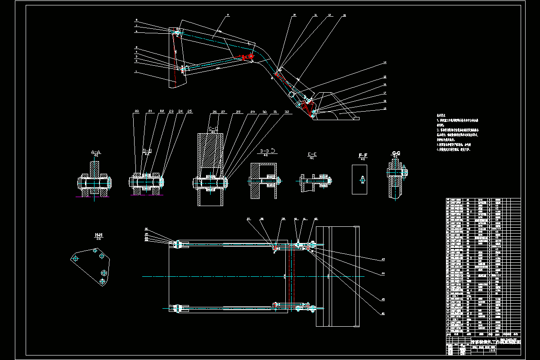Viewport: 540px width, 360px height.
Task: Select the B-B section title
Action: click(147, 150)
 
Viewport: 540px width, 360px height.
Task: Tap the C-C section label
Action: click(213, 129)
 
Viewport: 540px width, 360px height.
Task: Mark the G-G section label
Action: click(396, 153)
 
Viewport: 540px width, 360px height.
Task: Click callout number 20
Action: click(137, 111)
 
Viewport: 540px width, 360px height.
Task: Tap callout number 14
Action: click(385, 62)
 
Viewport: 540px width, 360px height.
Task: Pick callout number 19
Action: click(385, 108)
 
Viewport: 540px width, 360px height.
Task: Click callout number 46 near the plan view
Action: click(383, 313)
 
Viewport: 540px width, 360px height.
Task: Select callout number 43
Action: click(383, 259)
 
